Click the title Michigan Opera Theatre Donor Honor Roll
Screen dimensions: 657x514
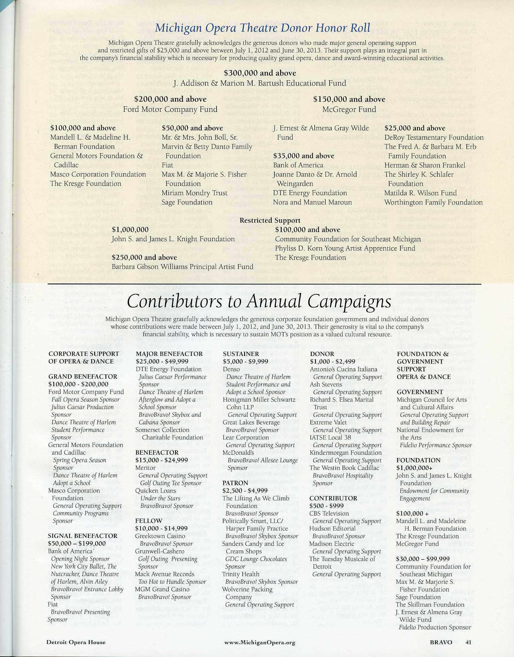coord(262,28)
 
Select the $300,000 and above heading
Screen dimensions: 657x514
coord(260,73)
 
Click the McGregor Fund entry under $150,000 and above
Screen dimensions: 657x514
coord(349,109)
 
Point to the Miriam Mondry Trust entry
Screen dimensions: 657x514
coord(194,193)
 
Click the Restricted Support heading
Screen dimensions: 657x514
coord(270,220)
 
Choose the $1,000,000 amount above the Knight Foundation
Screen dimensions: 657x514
coord(130,230)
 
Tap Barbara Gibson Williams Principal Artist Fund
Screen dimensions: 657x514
coord(182,267)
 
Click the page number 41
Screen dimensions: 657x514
coord(469,642)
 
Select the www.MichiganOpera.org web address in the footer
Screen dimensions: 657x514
coord(260,642)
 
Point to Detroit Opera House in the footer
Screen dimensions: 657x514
coord(76,642)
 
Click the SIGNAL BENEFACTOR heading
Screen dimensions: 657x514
coord(83,536)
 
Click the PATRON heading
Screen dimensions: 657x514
coord(235,483)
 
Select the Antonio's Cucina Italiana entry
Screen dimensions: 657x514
coord(343,369)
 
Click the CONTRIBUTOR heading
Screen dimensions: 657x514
coord(333,498)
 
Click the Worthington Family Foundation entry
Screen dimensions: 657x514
coord(433,202)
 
